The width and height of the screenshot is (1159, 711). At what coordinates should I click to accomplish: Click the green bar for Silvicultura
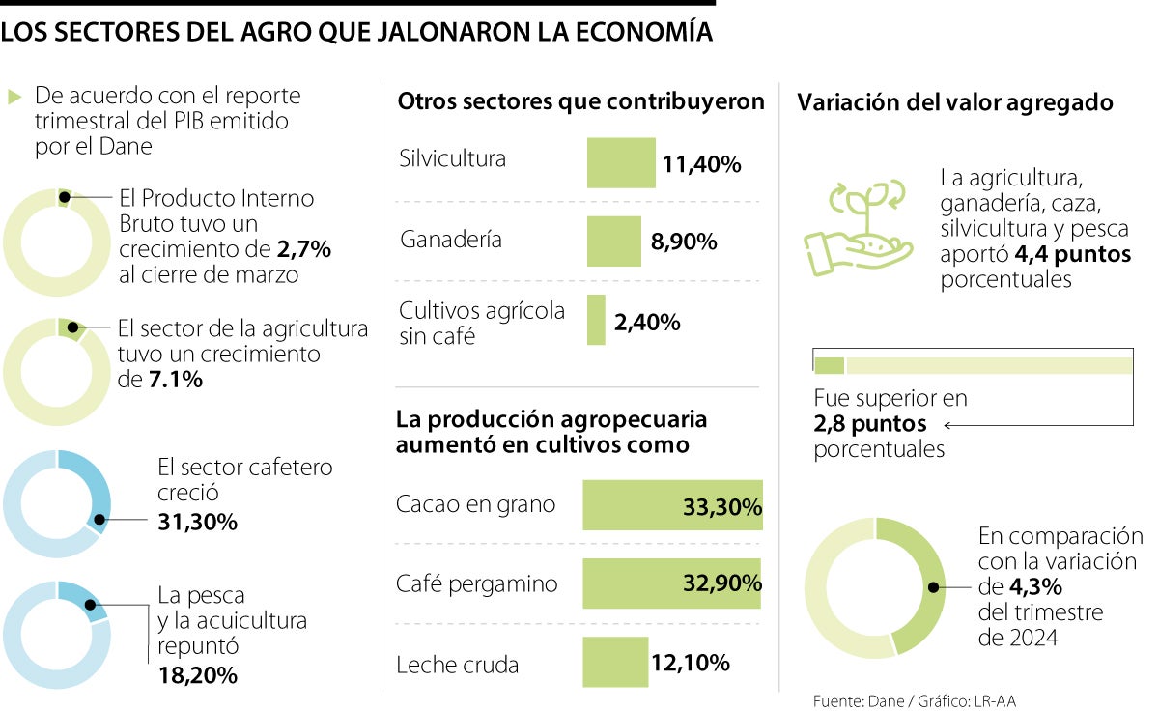point(621,162)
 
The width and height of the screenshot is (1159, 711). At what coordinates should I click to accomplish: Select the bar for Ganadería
point(613,241)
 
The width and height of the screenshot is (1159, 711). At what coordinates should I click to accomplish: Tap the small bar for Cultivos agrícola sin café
point(596,320)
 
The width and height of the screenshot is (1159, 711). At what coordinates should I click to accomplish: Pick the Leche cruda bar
point(615,663)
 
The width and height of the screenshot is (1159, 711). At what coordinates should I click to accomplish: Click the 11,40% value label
point(701,164)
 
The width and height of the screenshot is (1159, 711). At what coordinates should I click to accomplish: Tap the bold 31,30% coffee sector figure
point(197,522)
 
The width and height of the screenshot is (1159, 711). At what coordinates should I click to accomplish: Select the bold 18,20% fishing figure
point(197,674)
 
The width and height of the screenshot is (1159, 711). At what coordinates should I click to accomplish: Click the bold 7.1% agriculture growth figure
point(175,380)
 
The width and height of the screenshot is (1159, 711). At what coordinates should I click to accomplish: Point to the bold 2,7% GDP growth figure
point(303,249)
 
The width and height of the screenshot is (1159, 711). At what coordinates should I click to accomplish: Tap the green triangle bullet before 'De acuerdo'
point(14,97)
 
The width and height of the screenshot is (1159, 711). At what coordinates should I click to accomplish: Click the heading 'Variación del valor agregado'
point(955,102)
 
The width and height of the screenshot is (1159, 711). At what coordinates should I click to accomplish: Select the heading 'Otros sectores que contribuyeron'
point(581,101)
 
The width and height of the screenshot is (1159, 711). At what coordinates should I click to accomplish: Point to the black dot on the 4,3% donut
point(933,586)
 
